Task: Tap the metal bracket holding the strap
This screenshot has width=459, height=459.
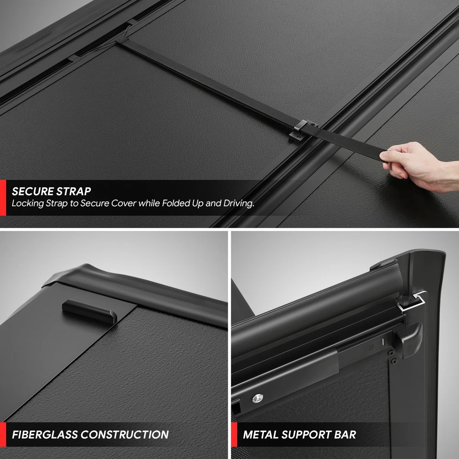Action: pos(302,130)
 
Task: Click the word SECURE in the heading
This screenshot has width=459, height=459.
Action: pos(32,191)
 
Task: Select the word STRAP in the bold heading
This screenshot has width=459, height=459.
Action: pos(73,191)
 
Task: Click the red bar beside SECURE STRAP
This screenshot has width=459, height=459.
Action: pos(3,197)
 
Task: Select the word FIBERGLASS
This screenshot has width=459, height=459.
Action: pos(45,434)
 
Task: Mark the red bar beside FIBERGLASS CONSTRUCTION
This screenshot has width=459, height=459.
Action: pos(3,434)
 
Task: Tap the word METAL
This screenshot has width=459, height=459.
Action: pos(261,434)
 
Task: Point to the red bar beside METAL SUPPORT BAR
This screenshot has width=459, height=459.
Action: pos(234,434)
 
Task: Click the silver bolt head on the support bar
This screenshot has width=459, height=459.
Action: pos(257,398)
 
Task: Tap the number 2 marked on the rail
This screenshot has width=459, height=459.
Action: pos(371,347)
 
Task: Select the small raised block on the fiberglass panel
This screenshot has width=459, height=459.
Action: pos(90,311)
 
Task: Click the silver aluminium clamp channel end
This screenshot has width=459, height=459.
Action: pos(412,302)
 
